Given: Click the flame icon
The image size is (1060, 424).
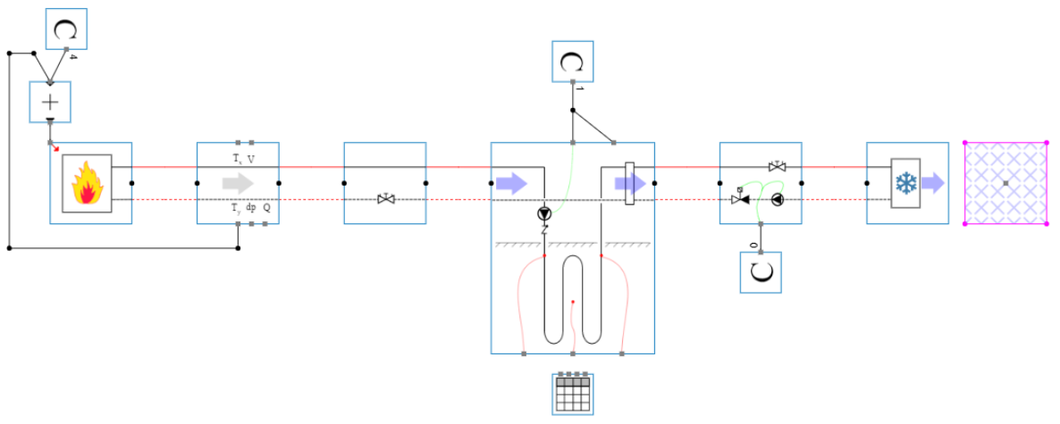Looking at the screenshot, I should [x=86, y=183].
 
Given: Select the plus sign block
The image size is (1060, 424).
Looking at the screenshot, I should [x=50, y=102].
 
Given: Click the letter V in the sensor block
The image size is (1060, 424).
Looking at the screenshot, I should [x=250, y=159].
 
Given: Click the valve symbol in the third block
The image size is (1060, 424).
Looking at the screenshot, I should [x=386, y=199].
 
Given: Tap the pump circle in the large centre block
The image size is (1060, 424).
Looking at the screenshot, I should [x=544, y=214].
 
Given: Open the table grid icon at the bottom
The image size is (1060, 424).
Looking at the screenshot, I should [x=572, y=394].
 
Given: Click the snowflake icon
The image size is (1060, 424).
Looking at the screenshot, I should [x=905, y=183].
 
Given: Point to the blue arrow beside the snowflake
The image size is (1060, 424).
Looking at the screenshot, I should [x=932, y=183].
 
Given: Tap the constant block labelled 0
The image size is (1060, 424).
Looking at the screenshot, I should [x=761, y=272].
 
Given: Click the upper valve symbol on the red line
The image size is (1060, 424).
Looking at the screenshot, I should [x=777, y=166].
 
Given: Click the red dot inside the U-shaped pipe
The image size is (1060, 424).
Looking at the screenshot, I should [x=573, y=303].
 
